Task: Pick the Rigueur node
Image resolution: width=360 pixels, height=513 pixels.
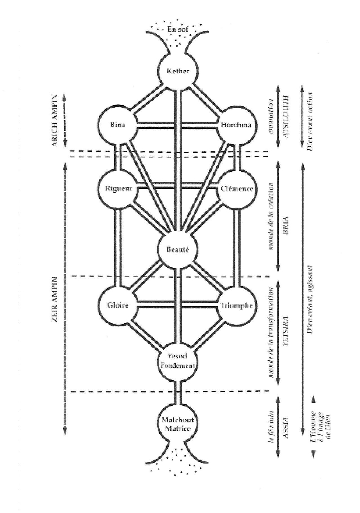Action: click(x=118, y=189)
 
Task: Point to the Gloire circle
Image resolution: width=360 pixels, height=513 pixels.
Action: click(x=118, y=306)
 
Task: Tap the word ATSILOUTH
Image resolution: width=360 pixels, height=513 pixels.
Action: click(x=287, y=120)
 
